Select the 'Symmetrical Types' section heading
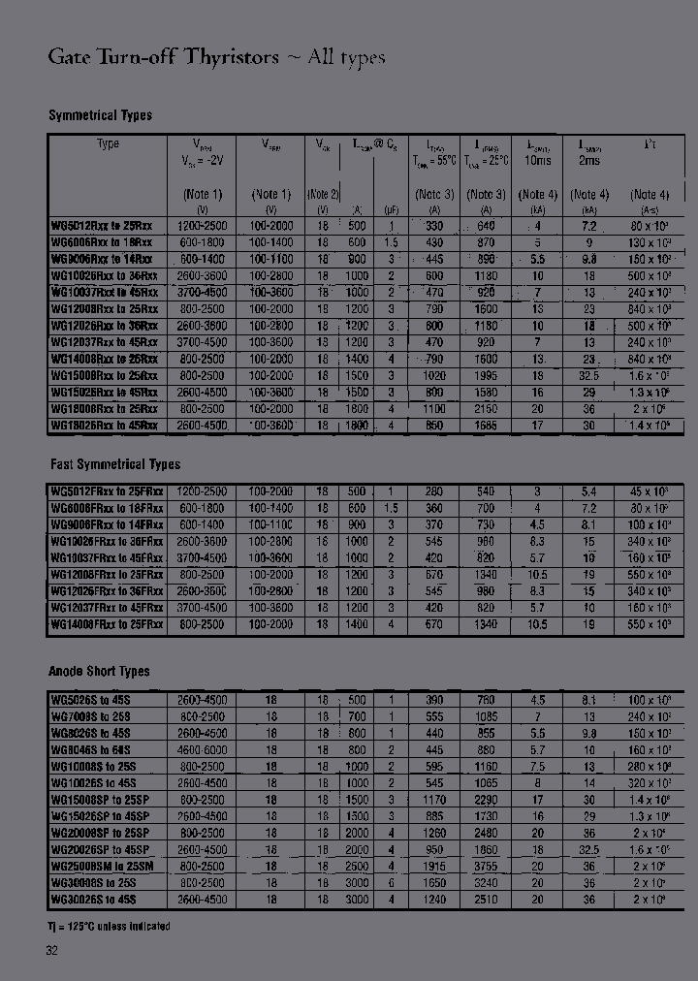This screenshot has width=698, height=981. coord(100,115)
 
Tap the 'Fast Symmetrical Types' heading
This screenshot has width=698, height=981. coord(114,464)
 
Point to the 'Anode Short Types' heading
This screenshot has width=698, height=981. coord(99,671)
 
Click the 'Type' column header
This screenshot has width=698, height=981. coord(108,143)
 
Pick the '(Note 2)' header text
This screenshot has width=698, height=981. coord(323,194)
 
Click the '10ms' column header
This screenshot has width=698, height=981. coord(538,161)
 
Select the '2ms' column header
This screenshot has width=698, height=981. coord(589,161)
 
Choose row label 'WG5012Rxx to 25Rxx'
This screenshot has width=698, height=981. coord(102,225)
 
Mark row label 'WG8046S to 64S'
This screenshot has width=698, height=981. coord(91,749)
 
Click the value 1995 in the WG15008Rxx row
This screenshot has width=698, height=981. coord(486,374)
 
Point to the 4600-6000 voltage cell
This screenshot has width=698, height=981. coord(202,749)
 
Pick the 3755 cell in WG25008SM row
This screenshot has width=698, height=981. coord(486,866)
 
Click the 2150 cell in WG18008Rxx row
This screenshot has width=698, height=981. coord(486,408)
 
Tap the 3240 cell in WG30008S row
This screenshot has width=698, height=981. coord(486,882)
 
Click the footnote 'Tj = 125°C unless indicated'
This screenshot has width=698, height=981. coord(109,926)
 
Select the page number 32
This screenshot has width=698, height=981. coord(52,952)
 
